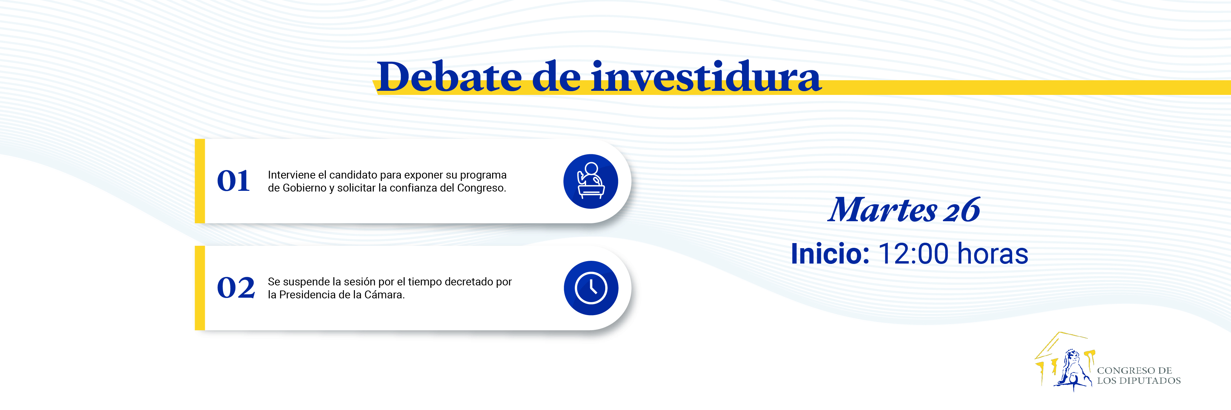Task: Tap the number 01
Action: [233, 181]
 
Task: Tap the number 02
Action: [236, 288]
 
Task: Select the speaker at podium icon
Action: [591, 181]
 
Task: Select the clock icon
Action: [591, 288]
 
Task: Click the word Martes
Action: [882, 210]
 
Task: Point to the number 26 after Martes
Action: [962, 210]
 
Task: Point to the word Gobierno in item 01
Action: [304, 188]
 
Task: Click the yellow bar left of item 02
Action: [200, 288]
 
